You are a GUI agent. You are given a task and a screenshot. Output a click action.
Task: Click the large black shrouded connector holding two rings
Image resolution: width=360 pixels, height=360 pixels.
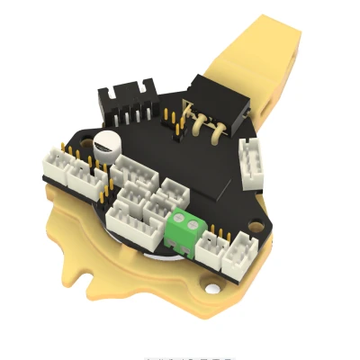pos(213,112)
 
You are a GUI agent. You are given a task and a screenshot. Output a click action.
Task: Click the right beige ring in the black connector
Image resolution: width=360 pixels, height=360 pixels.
pos(216,133)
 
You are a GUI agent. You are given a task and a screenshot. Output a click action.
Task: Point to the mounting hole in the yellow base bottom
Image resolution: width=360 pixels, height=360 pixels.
pos(212,290)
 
